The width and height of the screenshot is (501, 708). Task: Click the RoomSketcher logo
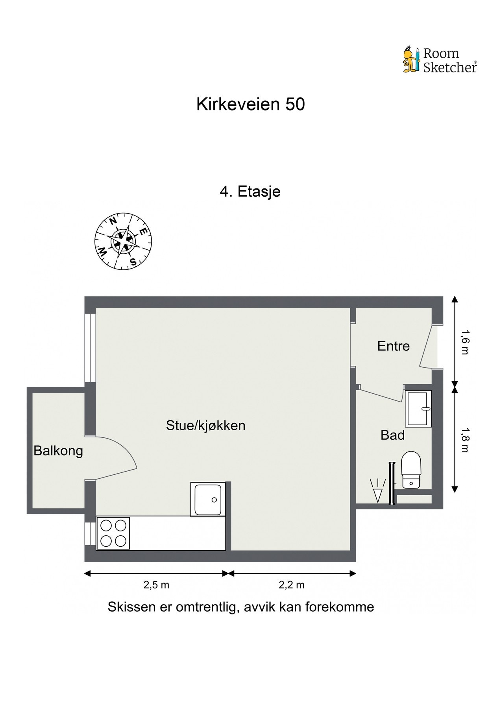[440, 60]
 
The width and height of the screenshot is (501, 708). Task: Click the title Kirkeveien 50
[250, 105]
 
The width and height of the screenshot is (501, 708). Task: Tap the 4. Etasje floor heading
[250, 192]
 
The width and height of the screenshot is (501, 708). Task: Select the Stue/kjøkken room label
[205, 425]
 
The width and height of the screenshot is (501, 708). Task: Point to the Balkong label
[58, 450]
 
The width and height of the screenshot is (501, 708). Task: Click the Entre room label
[393, 346]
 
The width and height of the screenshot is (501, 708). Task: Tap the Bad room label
[392, 435]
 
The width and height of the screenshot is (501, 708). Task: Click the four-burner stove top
[113, 533]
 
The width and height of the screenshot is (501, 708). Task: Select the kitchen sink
[208, 499]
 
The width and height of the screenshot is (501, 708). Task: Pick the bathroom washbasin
[418, 409]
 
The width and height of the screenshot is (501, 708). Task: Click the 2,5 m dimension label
[156, 585]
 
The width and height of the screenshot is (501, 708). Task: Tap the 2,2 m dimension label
[292, 585]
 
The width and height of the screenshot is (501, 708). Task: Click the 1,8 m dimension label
[465, 440]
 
